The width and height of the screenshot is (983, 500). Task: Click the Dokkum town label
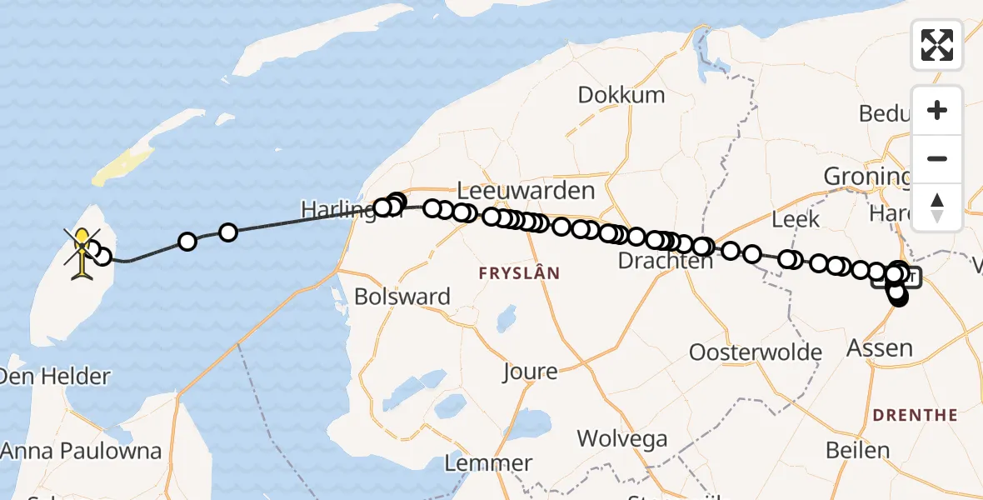pos(621,95)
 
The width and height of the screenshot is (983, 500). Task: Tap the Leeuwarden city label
pos(526,191)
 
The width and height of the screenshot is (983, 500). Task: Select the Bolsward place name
pos(402,297)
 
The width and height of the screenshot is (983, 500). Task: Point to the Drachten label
pos(665,261)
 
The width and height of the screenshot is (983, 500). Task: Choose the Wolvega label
pos(621,438)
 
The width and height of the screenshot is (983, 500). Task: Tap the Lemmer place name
pos(488,463)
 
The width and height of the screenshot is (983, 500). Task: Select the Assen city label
pos(879,347)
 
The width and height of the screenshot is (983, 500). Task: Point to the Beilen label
pos(858,451)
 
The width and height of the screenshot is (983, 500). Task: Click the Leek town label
pos(796,220)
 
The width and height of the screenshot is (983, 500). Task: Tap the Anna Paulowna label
pos(81,452)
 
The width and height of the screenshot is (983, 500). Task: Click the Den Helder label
pos(55,377)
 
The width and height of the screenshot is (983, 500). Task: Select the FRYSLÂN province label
pos(518,273)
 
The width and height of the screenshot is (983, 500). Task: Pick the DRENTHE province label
pos(914,415)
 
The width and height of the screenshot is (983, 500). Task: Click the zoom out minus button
pos(937,159)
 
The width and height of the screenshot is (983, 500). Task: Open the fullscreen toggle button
pos(937,45)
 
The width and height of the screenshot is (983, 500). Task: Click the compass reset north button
pos(937,207)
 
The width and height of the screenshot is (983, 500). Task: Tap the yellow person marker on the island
pos(82,250)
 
